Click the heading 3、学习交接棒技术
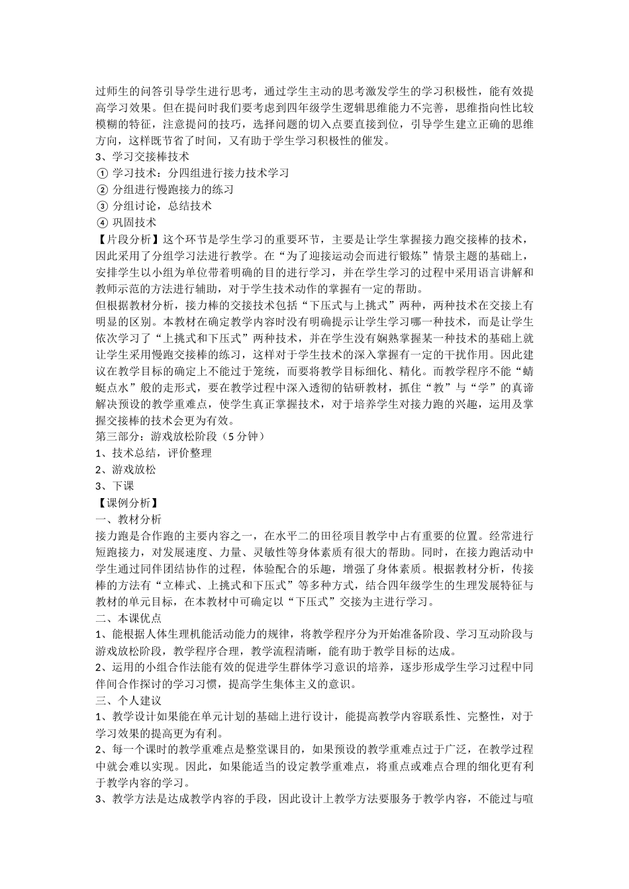click(142, 157)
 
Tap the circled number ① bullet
click(101, 173)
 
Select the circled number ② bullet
click(101, 190)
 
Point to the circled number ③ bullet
click(101, 206)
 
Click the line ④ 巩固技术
click(126, 223)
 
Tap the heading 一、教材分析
click(128, 519)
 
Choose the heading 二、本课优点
click(128, 618)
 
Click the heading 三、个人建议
click(128, 700)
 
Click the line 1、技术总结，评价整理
click(154, 453)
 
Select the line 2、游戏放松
click(126, 470)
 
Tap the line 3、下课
click(115, 486)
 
